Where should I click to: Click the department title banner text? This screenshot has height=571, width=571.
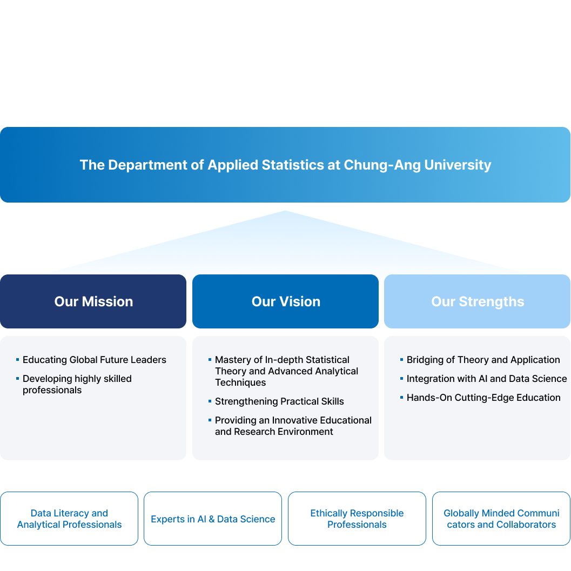285,165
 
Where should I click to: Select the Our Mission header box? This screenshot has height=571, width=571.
93,301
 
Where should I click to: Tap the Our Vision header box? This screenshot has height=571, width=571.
286,301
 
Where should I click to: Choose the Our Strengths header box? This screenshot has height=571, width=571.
478,301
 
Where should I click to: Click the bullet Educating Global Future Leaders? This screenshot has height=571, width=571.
95,360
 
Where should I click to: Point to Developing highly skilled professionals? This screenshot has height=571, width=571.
77,384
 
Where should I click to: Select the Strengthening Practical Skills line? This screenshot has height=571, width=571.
279,401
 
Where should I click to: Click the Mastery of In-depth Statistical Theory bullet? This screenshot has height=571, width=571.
286,371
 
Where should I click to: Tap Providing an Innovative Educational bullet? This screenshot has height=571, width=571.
293,426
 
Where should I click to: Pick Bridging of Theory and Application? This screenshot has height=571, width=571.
483,360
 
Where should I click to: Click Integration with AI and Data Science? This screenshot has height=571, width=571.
487,379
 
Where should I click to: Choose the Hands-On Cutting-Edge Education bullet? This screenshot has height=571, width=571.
483,398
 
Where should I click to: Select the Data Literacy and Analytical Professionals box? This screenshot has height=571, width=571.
69,519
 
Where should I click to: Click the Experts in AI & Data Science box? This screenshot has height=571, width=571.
213,519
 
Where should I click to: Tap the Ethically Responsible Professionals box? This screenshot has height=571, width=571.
357,519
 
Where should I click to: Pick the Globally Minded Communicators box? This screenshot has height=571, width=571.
501,519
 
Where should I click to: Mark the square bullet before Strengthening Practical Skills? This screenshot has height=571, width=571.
210,400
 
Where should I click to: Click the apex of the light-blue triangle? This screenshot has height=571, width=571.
285,211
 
